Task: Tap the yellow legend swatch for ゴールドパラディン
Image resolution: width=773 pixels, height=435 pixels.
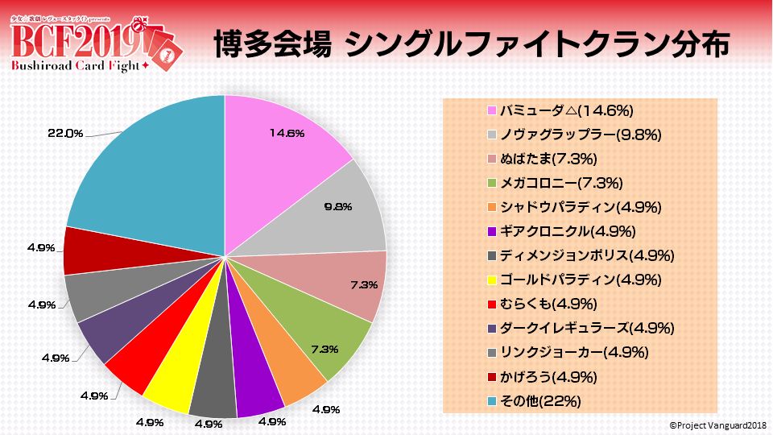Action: point(491,280)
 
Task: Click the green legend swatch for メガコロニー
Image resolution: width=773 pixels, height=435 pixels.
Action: point(491,183)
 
